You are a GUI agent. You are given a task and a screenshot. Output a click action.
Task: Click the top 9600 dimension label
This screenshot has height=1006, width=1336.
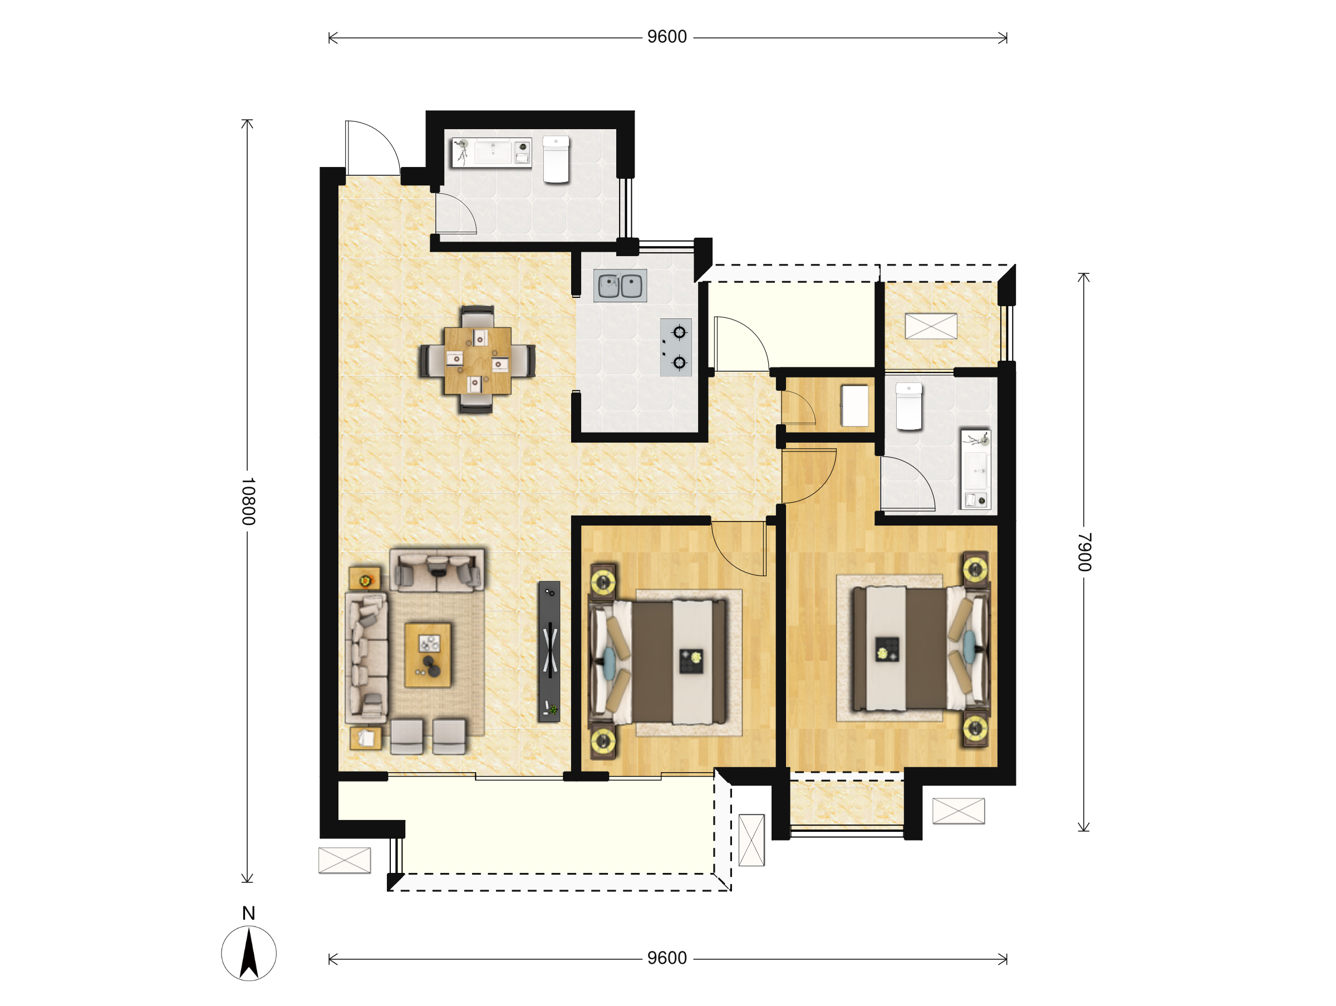667,37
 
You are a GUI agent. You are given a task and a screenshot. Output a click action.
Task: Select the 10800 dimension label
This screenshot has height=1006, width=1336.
248,501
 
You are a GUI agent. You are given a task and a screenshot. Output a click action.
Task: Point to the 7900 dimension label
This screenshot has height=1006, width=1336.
1085,552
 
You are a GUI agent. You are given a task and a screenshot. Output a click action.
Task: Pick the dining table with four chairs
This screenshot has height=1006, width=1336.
477,360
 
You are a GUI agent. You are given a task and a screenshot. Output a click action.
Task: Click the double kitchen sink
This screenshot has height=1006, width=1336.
620,286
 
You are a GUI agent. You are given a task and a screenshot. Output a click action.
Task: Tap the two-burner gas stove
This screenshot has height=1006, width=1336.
676,347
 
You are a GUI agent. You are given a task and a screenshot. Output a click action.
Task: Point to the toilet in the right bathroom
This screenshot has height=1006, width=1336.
909,406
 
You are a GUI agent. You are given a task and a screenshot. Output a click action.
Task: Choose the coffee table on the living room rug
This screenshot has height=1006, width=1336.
428,655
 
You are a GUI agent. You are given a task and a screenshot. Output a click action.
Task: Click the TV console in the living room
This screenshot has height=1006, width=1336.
549,652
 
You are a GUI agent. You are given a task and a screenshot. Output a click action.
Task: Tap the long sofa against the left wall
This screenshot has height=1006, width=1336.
366,657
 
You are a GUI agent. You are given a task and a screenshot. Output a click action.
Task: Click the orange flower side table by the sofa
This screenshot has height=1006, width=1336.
365,578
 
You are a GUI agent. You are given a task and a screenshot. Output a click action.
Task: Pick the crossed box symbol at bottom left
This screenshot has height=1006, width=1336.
344,860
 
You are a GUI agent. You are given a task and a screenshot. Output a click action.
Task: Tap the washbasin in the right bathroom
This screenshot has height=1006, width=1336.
976,469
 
